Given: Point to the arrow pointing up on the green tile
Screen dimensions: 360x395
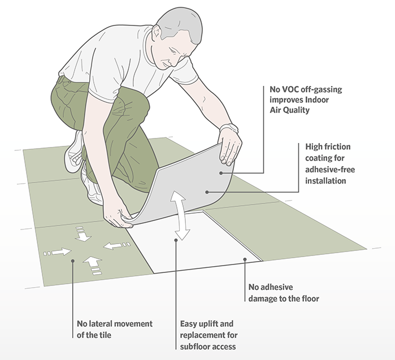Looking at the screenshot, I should pos(92,263).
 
